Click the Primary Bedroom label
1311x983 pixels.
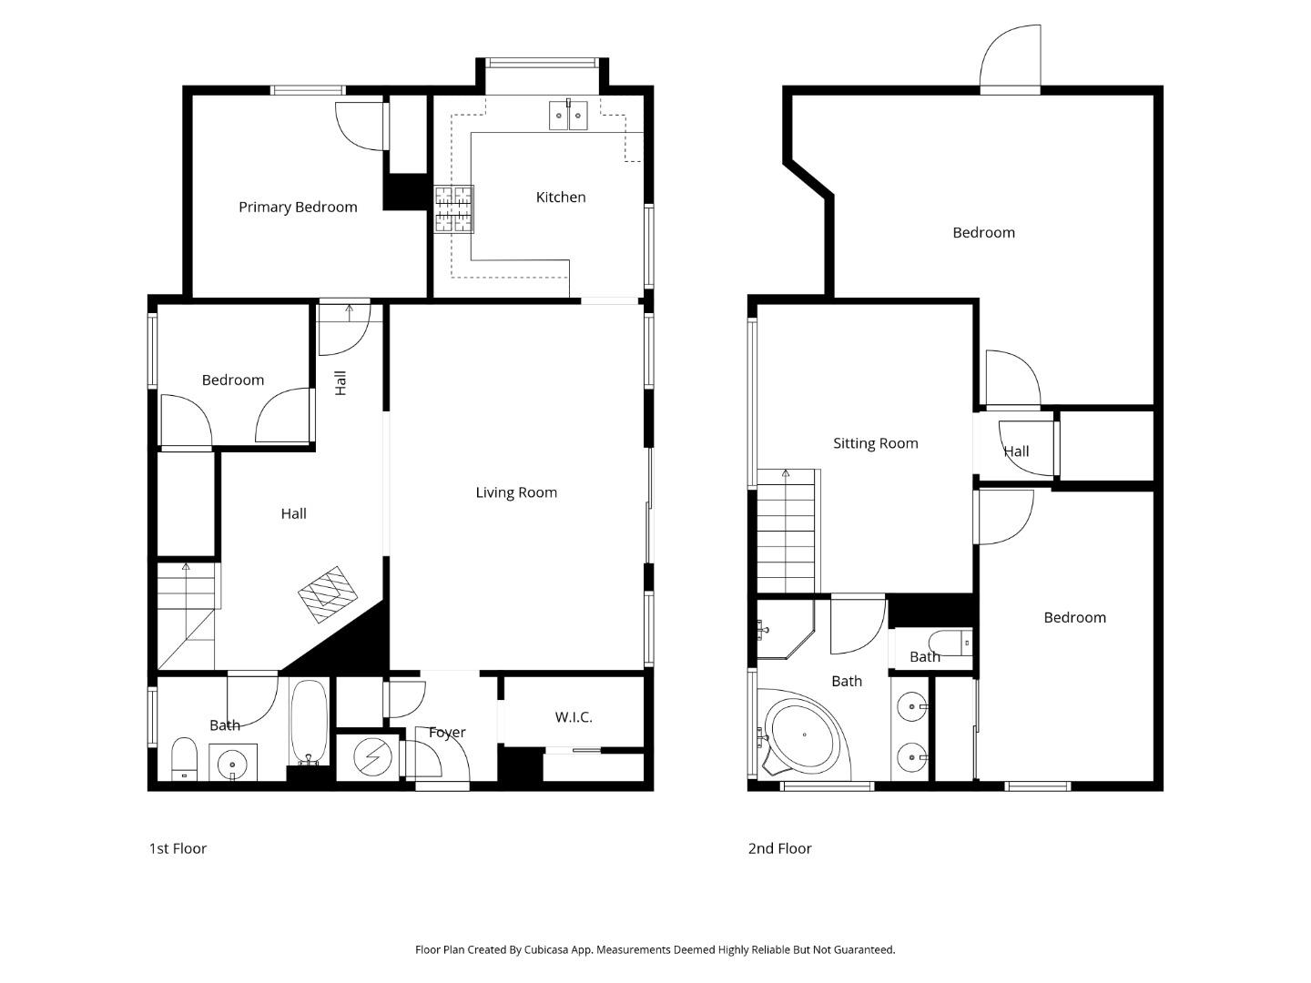[x=298, y=208]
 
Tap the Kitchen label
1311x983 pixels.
[x=560, y=198]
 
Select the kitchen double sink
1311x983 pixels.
[x=568, y=116]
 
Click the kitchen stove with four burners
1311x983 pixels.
[x=453, y=209]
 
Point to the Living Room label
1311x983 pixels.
[x=516, y=492]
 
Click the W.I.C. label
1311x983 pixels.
[x=574, y=717]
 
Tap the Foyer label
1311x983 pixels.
[x=446, y=733]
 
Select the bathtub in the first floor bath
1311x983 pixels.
[x=310, y=723]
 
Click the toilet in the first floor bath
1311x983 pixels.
[x=185, y=759]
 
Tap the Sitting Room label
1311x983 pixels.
[x=875, y=443]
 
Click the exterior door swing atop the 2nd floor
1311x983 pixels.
[x=1011, y=58]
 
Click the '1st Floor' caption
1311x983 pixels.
[x=178, y=848]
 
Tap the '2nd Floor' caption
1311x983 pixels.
[x=779, y=848]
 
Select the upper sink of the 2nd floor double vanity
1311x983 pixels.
[x=911, y=706]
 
